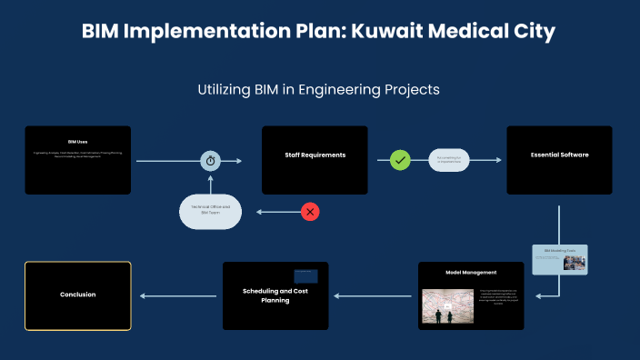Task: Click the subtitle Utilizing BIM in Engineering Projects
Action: (x=319, y=90)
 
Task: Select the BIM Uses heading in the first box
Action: (x=77, y=142)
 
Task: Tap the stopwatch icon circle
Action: (x=211, y=160)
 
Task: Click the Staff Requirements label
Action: (x=315, y=155)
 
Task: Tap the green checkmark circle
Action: (x=400, y=160)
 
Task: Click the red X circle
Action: (x=310, y=212)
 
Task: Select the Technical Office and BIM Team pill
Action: (x=210, y=211)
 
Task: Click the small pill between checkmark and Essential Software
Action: (x=448, y=160)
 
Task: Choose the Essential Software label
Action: (x=559, y=155)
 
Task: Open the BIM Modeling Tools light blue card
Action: (x=560, y=259)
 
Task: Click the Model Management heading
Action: (x=471, y=272)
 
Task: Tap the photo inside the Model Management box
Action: (x=447, y=306)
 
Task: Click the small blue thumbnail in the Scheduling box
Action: (x=305, y=275)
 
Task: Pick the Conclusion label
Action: (x=77, y=295)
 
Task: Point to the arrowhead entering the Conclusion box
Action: (x=139, y=295)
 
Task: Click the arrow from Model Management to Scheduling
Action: (x=373, y=295)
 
